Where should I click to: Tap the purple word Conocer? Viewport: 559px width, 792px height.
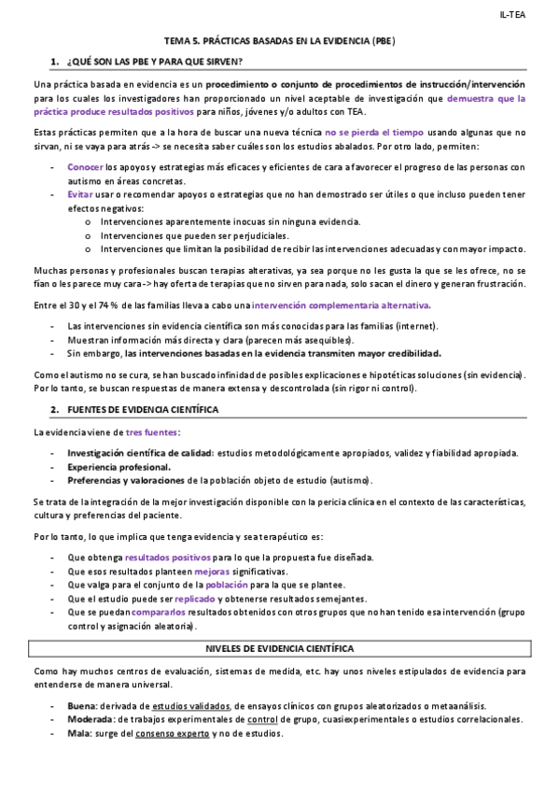pos(85,167)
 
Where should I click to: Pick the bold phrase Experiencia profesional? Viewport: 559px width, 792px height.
pos(119,466)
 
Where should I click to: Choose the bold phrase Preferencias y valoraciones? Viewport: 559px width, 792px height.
pos(125,480)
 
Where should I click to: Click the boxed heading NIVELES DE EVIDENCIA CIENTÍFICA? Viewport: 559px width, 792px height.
pos(279,647)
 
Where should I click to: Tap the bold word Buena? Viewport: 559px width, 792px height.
pos(82,707)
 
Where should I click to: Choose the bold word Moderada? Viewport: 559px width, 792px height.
pos(90,720)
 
